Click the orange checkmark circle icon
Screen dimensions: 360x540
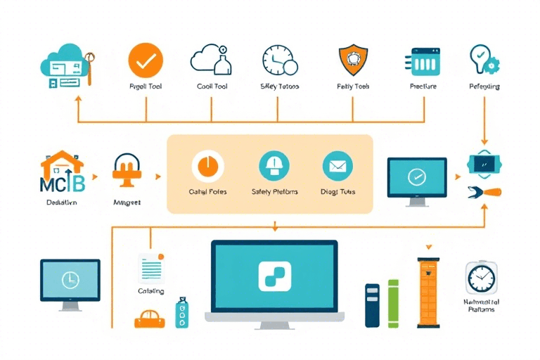pyautogui.click(x=146, y=60)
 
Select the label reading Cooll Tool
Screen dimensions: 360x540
pyautogui.click(x=212, y=86)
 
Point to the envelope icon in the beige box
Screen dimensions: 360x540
pyautogui.click(x=337, y=167)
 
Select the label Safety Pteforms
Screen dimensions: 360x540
pyautogui.click(x=274, y=191)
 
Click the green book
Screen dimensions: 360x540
pyautogui.click(x=393, y=302)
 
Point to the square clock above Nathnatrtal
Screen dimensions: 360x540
pyautogui.click(x=482, y=278)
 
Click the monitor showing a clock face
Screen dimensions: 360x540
pyautogui.click(x=70, y=280)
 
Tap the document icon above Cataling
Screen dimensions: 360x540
pyautogui.click(x=150, y=268)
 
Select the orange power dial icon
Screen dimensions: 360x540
pyautogui.click(x=207, y=167)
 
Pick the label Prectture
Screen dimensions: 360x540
pyautogui.click(x=423, y=86)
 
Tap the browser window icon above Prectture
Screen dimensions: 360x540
pyautogui.click(x=423, y=61)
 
